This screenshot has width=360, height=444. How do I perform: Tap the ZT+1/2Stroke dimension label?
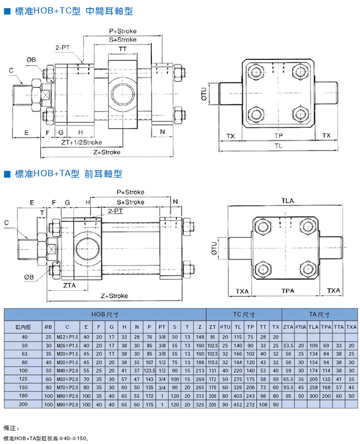(x=81, y=143)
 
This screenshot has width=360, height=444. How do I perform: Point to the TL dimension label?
(x=278, y=145)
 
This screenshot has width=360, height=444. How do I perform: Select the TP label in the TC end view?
(x=278, y=136)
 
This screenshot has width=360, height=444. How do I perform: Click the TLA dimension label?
(x=288, y=200)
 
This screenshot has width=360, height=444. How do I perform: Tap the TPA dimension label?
(x=288, y=291)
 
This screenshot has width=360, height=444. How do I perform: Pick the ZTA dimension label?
(x=69, y=286)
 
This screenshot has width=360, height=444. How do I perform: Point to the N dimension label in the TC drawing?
(x=162, y=131)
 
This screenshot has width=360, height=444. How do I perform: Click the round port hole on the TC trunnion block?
(x=123, y=91)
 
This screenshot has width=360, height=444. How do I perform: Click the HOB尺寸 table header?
(x=105, y=314)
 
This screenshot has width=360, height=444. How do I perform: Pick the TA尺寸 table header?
(x=320, y=314)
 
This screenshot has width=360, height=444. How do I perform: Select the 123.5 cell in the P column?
(x=149, y=370)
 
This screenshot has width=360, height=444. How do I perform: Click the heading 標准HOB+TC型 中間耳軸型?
(x=69, y=11)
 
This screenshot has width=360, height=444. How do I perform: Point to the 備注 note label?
(x=11, y=427)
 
